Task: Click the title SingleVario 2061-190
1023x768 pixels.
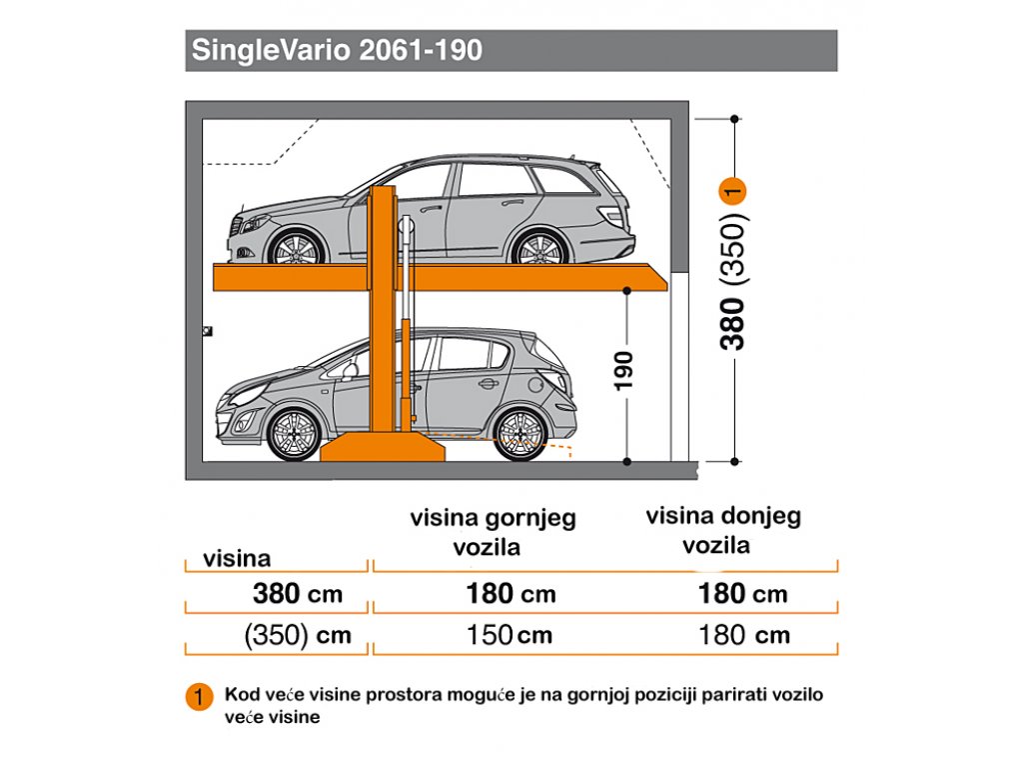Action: (337, 50)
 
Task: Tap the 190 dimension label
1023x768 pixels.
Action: (624, 370)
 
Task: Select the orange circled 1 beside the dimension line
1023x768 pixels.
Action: (732, 192)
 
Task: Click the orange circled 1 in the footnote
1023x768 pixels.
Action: (199, 697)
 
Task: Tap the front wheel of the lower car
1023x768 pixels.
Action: (295, 434)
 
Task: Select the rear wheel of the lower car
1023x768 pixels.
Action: (519, 434)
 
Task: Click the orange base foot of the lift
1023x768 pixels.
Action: (383, 447)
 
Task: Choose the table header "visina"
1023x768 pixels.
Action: (237, 559)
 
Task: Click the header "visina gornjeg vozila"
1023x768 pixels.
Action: (493, 532)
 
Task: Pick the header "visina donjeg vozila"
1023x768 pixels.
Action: (723, 530)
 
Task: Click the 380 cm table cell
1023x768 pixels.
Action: (298, 594)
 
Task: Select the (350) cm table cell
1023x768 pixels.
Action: (298, 635)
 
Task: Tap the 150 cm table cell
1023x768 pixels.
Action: (510, 635)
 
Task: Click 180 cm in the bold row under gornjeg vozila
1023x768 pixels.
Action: (511, 594)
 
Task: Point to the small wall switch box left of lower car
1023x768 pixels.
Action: (208, 331)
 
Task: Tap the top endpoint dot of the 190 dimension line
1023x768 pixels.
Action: (627, 290)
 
